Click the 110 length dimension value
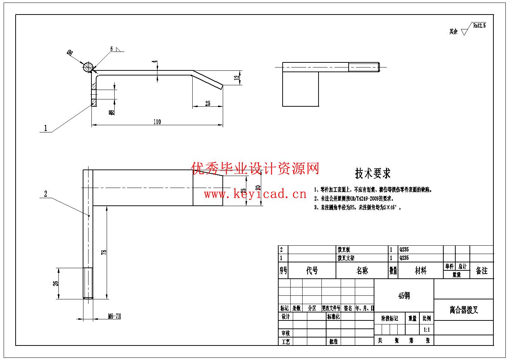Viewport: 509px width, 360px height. pos(157,122)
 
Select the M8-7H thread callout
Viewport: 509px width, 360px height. pos(114,316)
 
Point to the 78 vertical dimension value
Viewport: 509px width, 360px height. pos(104,253)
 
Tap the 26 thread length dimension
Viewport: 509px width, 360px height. pos(56,283)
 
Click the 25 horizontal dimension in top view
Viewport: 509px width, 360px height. pos(208,104)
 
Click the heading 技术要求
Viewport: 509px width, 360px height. pos(373,173)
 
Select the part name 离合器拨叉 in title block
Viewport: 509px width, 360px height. pos(464,310)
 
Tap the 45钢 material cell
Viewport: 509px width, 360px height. pos(404,296)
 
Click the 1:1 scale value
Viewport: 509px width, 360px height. pos(427,330)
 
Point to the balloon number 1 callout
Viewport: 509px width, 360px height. pos(45,128)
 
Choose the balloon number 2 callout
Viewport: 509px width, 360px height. pos(45,194)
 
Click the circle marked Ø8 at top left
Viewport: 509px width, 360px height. pos(87,67)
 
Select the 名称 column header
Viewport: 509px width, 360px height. pos(362,271)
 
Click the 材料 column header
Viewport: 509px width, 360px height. pos(420,271)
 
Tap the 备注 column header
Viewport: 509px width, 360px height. pos(481,271)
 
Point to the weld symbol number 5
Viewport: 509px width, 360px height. pos(112,49)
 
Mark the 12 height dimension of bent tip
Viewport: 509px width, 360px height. pos(237,78)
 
